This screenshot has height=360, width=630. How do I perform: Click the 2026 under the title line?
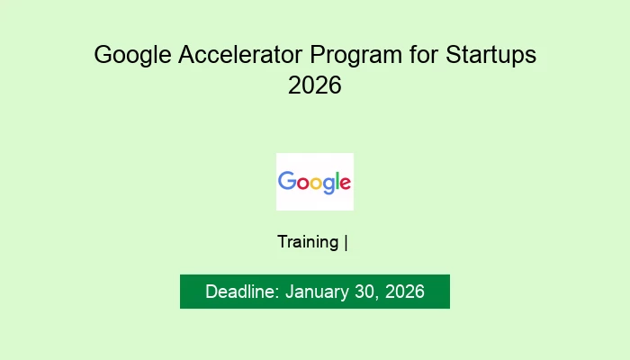coord(315,87)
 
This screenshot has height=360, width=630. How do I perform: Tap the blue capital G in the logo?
coord(287,181)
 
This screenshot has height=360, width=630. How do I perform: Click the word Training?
coord(308,242)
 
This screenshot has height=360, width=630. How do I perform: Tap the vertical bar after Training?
coord(346,242)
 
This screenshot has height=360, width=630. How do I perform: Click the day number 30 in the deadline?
coord(363,292)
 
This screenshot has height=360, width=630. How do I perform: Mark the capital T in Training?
coord(282,242)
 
